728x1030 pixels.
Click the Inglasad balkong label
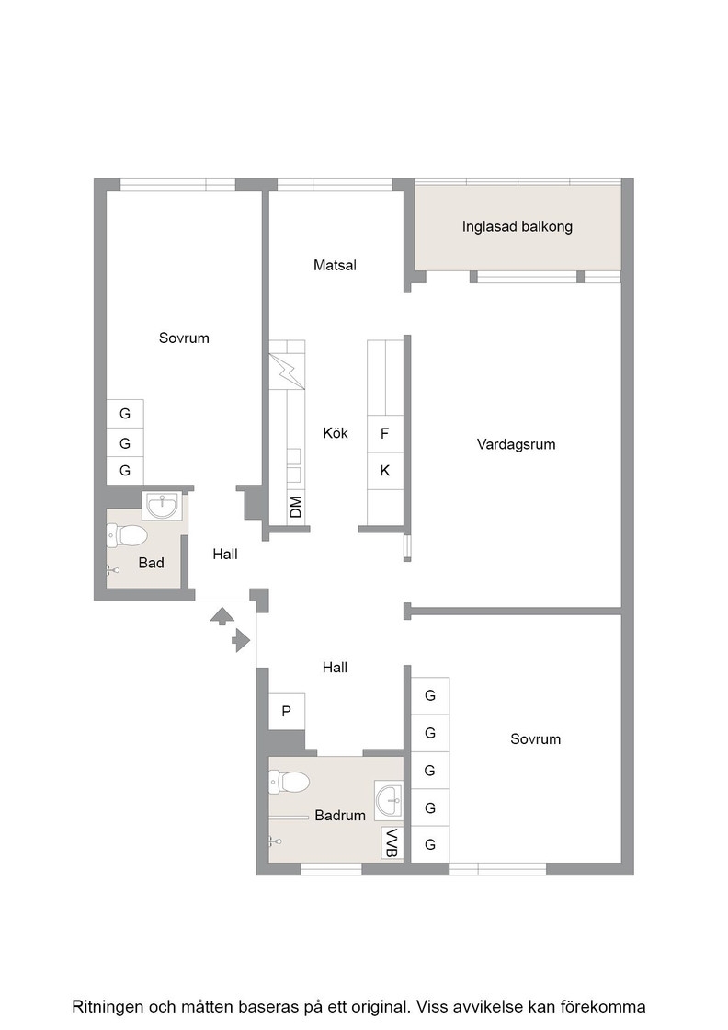click(518, 227)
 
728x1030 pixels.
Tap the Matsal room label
click(335, 266)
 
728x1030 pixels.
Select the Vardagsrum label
click(516, 445)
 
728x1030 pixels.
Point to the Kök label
click(336, 433)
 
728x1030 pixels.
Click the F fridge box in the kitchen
click(384, 433)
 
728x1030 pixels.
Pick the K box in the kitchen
click(384, 470)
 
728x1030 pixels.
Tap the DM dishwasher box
click(295, 507)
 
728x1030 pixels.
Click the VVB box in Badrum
click(392, 842)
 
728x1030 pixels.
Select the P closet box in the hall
click(286, 711)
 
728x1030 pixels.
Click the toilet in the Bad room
click(126, 534)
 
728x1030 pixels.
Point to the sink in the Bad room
click(162, 506)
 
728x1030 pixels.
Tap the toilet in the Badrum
click(289, 782)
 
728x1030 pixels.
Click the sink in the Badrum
click(389, 800)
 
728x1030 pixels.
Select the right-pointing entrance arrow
click(241, 640)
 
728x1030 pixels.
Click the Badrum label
click(340, 816)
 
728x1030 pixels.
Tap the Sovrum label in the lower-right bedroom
click(536, 739)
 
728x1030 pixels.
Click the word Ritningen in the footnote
click(108, 1007)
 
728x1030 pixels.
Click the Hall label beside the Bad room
click(225, 555)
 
